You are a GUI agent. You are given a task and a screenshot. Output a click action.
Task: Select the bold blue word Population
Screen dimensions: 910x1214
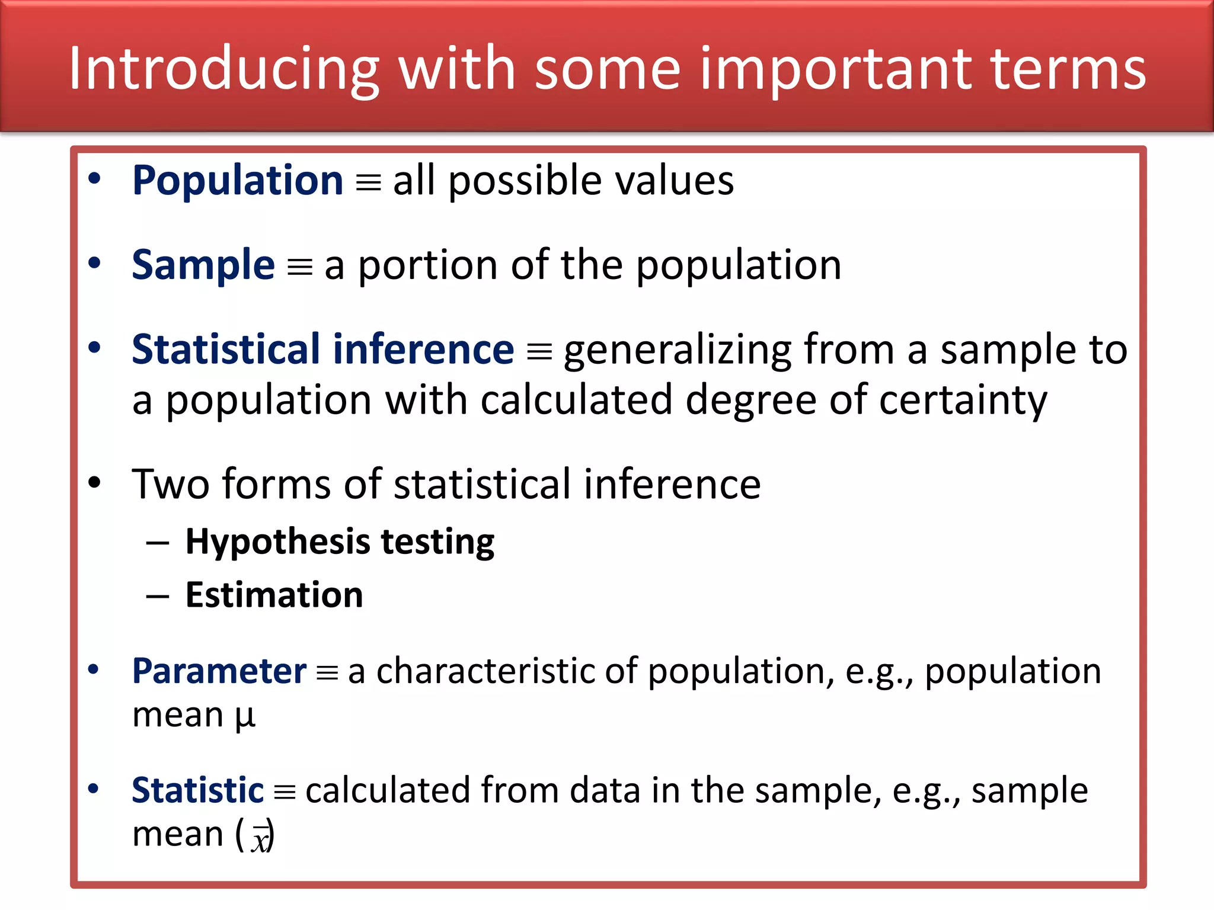(238, 181)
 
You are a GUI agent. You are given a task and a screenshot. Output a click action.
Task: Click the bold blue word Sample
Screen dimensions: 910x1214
(203, 265)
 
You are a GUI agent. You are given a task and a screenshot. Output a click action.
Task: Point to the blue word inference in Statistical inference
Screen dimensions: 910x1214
(423, 349)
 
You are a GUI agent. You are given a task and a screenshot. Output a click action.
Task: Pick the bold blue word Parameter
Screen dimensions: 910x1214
(219, 671)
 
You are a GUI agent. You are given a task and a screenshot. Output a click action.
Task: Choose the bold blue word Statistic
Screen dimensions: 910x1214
(197, 790)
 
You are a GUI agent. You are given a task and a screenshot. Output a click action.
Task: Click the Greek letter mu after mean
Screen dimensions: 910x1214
(245, 716)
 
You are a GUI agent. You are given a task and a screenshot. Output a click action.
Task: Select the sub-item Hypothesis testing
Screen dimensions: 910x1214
(340, 541)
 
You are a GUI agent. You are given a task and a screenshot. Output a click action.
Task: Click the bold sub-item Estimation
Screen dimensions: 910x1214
(274, 595)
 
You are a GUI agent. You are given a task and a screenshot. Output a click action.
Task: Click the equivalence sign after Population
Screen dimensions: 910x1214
(368, 183)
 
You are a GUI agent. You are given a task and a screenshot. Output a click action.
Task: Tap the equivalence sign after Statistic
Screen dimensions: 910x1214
(285, 793)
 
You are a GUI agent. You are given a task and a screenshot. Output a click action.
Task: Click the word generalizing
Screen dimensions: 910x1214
(677, 350)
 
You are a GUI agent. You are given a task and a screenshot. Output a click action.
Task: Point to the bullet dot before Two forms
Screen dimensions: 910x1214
(94, 483)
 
